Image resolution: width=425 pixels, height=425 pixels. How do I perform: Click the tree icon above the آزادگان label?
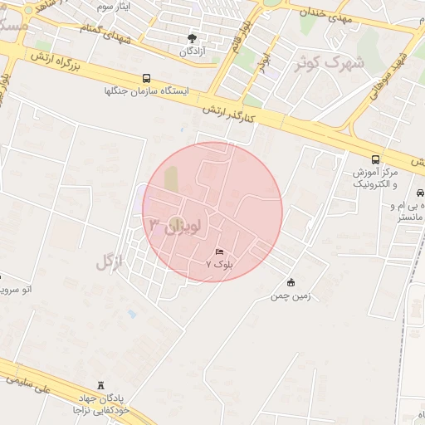tap(193, 37)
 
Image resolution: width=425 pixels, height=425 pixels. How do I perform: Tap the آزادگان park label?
tap(193, 51)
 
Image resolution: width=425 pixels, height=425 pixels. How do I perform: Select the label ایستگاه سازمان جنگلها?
tap(147, 91)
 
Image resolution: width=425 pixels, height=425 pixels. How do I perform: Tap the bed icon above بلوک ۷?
tap(219, 251)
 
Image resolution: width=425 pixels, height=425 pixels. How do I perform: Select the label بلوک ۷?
tap(220, 263)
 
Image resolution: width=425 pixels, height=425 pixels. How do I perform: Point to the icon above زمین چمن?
tap(290, 282)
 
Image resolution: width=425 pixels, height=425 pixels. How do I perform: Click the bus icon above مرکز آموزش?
tap(375, 159)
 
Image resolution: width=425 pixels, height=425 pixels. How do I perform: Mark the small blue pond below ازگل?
tap(131, 315)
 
